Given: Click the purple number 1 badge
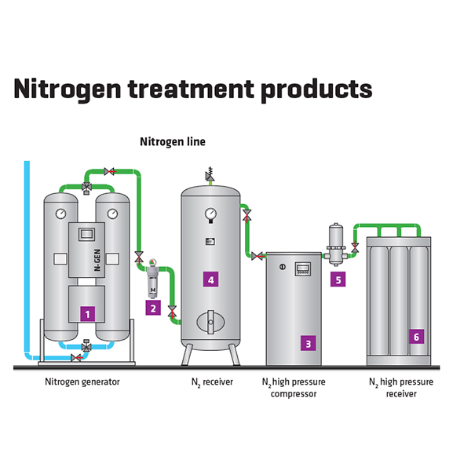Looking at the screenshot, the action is coord(87,314).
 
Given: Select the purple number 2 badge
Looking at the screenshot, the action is coord(153,308).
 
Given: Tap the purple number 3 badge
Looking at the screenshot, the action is coord(309,343).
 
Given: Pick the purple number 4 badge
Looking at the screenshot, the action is coord(211,279).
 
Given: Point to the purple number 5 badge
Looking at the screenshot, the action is coord(338,279).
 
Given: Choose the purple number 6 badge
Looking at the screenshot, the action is coord(416,337).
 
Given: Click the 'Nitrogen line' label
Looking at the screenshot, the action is coord(173,142).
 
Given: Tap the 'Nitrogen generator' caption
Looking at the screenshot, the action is coord(82,382).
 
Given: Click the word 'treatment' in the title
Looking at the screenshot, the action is coord(191,89).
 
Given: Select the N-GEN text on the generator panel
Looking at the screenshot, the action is coord(97,260).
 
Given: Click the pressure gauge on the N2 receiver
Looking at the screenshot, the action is coord(210,214).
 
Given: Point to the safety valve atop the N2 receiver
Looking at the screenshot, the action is coord(210,174).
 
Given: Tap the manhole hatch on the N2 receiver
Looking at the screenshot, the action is coord(210,322).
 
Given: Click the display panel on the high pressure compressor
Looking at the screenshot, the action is coord(303,268).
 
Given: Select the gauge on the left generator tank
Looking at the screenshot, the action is coord(61,214).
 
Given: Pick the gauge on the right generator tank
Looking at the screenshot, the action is coord(112,214).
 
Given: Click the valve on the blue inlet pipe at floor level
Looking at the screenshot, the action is coord(76,358).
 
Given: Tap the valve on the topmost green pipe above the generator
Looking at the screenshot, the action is coord(109,171).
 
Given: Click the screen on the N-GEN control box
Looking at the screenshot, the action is coord(87,234).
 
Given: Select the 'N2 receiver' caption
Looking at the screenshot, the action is coord(213,382).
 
